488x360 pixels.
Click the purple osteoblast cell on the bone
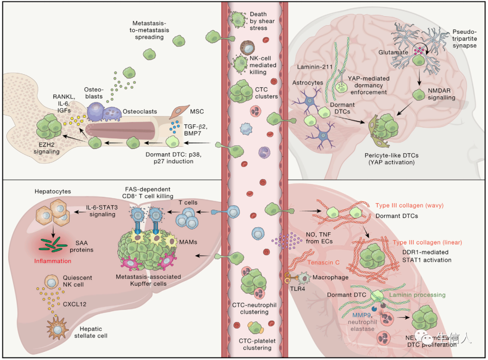(x=96, y=111)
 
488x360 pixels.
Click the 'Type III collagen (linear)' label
(x=434, y=243)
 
